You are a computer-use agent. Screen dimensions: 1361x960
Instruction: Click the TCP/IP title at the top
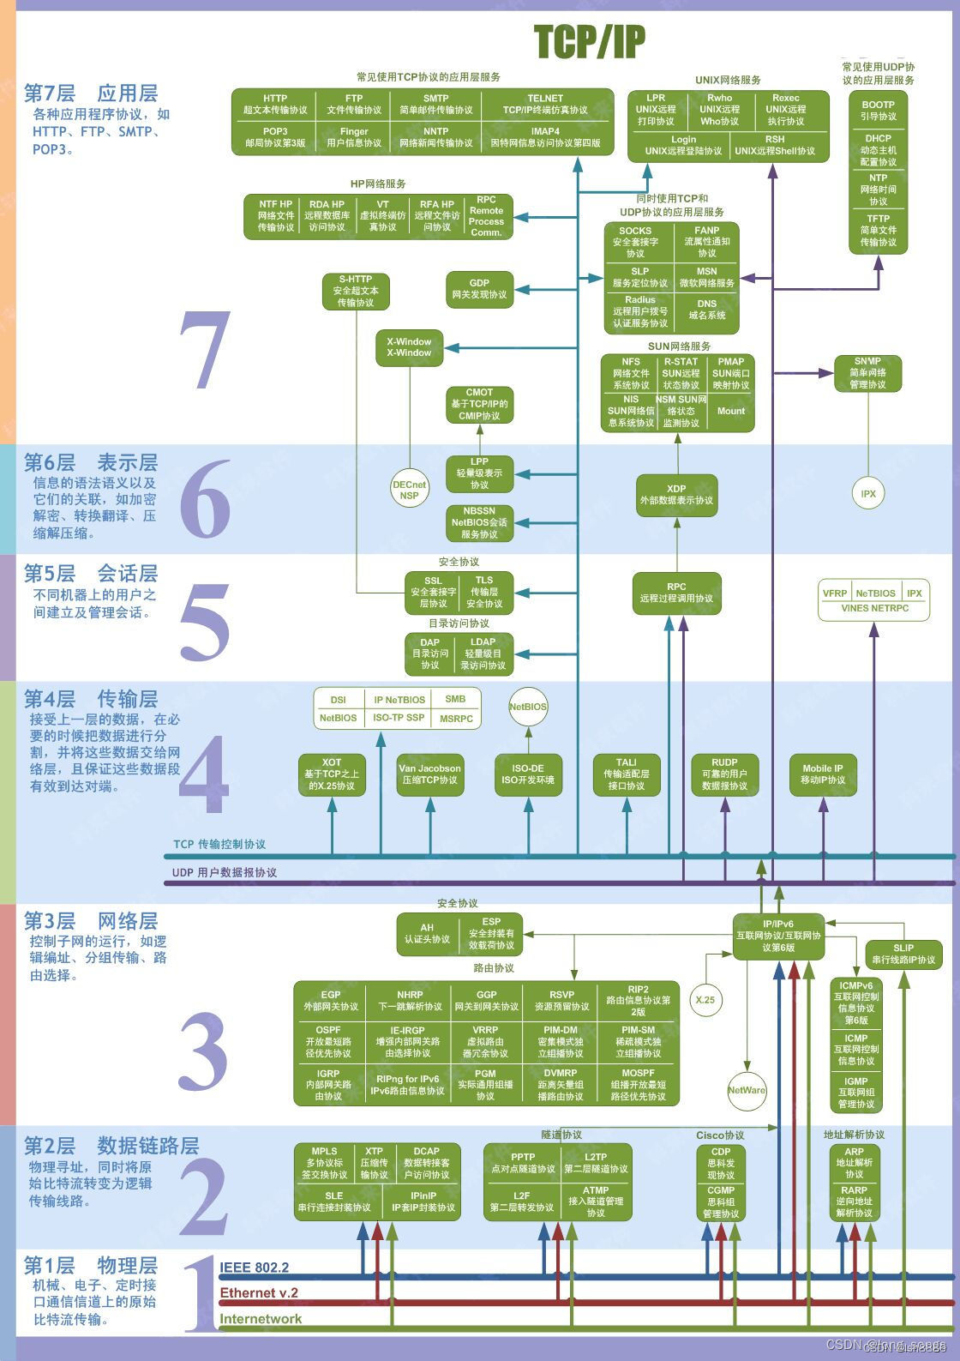pos(590,41)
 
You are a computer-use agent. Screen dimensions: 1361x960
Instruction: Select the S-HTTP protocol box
pos(355,291)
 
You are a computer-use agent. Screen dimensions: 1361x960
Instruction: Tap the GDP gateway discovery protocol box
pos(479,289)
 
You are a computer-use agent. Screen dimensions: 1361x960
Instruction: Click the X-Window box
pos(409,347)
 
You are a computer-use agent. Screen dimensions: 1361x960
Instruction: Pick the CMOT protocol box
pos(479,404)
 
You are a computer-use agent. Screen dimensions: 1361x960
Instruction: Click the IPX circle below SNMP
pos(868,494)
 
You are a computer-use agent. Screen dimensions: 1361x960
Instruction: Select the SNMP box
pos(867,373)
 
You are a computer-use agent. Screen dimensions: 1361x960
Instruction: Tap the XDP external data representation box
pos(676,495)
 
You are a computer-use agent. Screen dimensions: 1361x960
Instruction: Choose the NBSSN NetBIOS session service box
pos(479,522)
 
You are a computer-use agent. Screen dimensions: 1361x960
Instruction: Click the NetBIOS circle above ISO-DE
pos(528,707)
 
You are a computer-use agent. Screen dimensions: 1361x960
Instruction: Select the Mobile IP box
pos(823,774)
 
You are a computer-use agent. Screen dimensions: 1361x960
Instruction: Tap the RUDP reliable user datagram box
pos(724,774)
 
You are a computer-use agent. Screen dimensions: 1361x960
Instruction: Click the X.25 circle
pos(705,1000)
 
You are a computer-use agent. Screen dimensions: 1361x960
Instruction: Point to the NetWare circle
pos(747,1091)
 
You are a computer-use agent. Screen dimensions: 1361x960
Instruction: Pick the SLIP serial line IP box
pos(903,954)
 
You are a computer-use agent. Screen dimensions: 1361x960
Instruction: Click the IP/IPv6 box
pos(778,936)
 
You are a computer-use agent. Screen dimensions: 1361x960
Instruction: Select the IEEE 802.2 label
pos(255,1268)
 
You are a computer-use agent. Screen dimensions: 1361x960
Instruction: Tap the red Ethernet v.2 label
pos(259,1293)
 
